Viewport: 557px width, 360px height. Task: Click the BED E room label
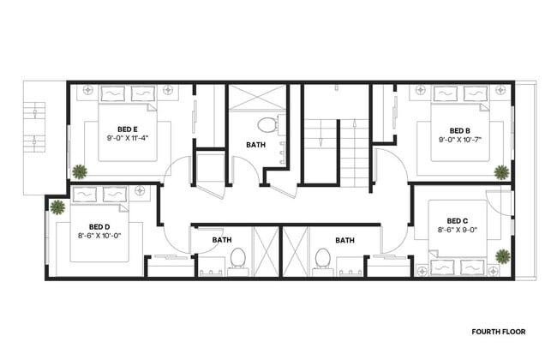(128, 129)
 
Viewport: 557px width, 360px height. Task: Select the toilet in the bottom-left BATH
(238, 256)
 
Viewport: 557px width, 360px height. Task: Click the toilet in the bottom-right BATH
(322, 256)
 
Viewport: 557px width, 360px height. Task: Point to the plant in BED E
(79, 171)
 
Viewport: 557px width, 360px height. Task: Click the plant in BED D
(57, 207)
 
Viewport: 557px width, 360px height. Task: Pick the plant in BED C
(502, 255)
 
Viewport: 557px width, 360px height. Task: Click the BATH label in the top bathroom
(255, 145)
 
